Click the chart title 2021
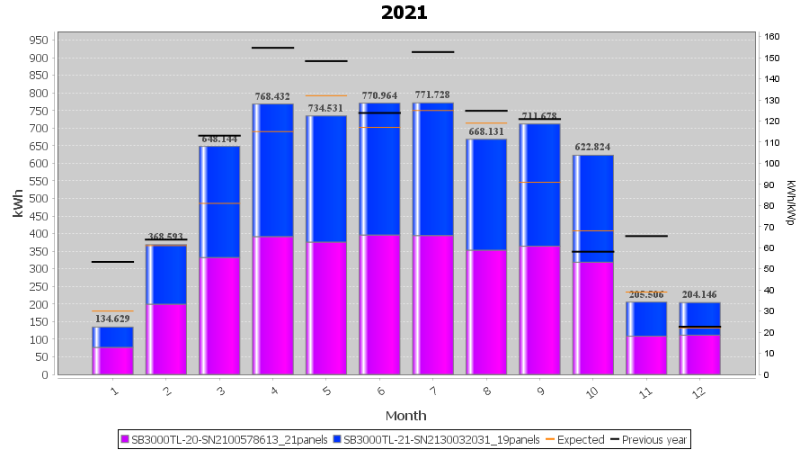click(x=404, y=13)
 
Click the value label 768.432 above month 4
click(x=272, y=96)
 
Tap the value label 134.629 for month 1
click(x=112, y=319)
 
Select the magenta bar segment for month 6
click(x=379, y=304)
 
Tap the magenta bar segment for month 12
click(x=699, y=355)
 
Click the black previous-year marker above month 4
click(x=272, y=48)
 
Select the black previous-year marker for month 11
click(x=646, y=236)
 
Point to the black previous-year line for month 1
click(x=112, y=262)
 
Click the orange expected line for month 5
click(x=325, y=95)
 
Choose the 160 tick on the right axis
click(x=771, y=37)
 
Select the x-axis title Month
click(x=405, y=416)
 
